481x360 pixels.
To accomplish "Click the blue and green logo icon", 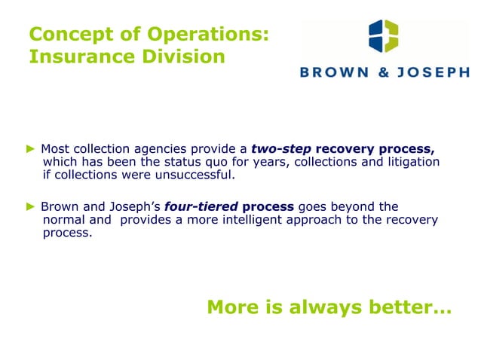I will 384,37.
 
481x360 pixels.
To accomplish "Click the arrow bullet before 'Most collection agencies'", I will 32,148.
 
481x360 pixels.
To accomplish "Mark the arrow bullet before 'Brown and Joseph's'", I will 32,206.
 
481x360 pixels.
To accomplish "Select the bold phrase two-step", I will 280,148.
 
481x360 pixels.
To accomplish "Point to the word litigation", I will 413,162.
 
